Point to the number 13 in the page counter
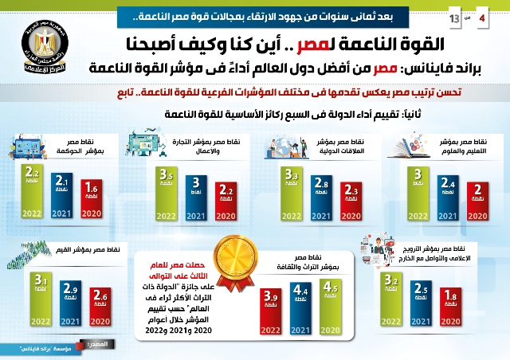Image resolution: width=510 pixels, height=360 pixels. (x=454, y=17)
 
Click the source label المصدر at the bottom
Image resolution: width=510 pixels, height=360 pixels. (x=110, y=343)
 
